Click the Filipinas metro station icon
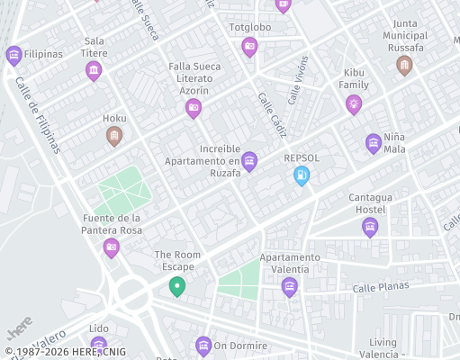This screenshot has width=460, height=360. click(x=14, y=55)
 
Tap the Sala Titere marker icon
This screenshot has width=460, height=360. click(x=94, y=70)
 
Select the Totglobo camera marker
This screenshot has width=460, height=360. click(x=250, y=47)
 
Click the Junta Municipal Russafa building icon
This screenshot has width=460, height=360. click(x=404, y=64)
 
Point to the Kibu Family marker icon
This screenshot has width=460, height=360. click(x=354, y=104)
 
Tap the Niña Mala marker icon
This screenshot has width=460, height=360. click(x=374, y=143)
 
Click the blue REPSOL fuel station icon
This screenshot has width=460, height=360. click(x=302, y=177)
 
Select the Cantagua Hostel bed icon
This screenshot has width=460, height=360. click(x=370, y=227)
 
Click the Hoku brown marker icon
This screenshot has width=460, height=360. click(x=114, y=136)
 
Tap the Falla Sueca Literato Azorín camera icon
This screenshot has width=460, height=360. click(x=193, y=109)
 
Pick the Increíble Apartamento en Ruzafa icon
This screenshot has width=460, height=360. click(x=249, y=161)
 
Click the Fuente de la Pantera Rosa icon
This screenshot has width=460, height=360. click(x=111, y=247)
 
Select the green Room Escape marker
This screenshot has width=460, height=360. click(x=177, y=287)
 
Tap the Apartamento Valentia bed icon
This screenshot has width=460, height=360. click(x=289, y=286)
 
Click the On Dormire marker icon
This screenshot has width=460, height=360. click(x=203, y=345)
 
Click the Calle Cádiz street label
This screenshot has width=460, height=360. click(x=272, y=114)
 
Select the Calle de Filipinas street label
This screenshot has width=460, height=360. click(x=37, y=113)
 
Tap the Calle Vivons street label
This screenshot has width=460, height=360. click(x=298, y=78)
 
